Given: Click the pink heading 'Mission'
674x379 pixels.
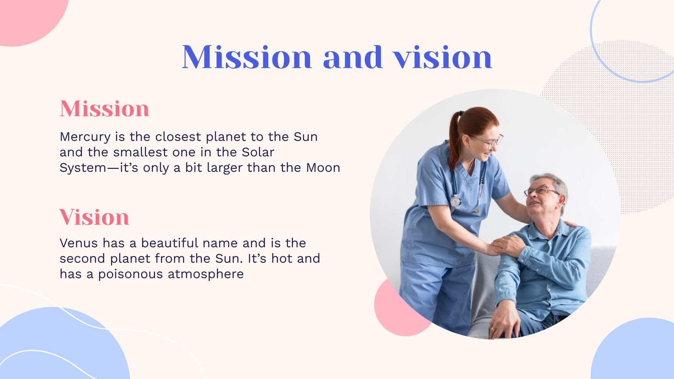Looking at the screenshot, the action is coord(104,109).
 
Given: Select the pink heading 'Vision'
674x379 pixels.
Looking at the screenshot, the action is coord(94,217).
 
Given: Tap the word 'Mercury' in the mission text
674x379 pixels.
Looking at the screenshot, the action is coord(85,137).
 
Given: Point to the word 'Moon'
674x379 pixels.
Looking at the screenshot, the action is coord(323,168).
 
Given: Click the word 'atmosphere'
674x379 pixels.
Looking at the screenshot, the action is coord(206,274).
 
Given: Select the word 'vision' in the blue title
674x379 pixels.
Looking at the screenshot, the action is coord(443,57).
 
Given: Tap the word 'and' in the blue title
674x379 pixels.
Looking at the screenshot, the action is coord(353,57).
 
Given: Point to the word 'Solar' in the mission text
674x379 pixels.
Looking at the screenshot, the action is coord(258,152).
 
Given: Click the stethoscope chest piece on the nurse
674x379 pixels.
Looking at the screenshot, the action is coord(456,201).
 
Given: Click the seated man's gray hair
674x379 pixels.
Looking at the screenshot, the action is coord(554,184).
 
